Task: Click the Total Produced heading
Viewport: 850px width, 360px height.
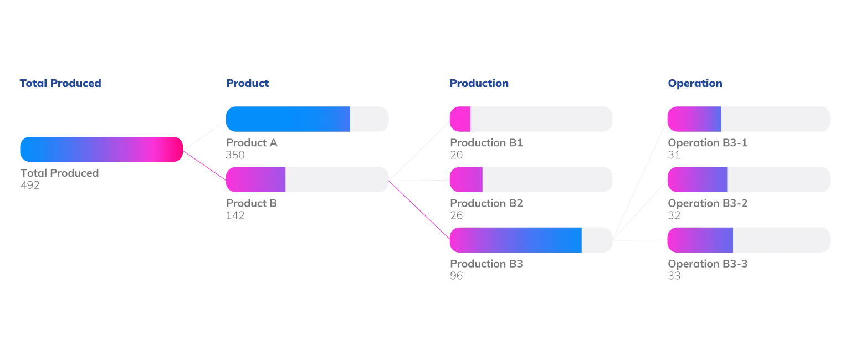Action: (60, 84)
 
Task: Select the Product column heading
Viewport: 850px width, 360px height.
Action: (248, 84)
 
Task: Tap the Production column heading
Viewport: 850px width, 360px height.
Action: (478, 84)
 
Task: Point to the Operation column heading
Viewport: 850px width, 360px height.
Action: (694, 84)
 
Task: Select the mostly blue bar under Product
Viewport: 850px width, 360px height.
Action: (288, 120)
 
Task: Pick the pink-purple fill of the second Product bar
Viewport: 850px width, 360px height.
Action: (256, 179)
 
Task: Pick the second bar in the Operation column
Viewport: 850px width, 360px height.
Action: (749, 179)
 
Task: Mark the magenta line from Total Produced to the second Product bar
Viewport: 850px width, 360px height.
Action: (204, 164)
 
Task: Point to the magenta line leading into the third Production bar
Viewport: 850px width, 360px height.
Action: (419, 209)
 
